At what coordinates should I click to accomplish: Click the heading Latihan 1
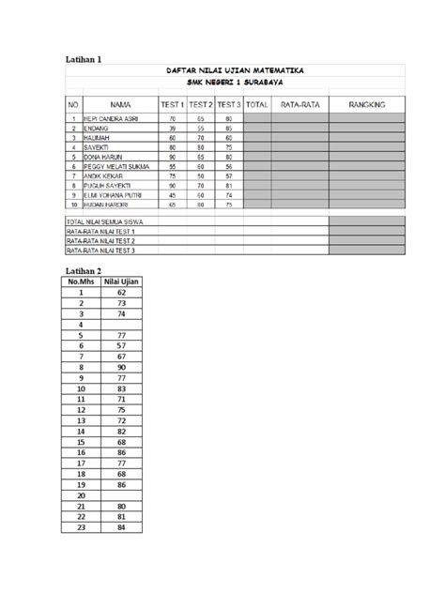pyautogui.click(x=83, y=59)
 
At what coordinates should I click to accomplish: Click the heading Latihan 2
pyautogui.click(x=83, y=270)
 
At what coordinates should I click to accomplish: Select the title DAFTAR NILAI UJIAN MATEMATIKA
pyautogui.click(x=235, y=70)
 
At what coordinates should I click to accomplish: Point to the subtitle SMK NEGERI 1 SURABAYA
pyautogui.click(x=235, y=83)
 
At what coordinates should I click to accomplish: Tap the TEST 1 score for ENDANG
pyautogui.click(x=173, y=129)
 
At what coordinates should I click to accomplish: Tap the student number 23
pyautogui.click(x=82, y=527)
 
